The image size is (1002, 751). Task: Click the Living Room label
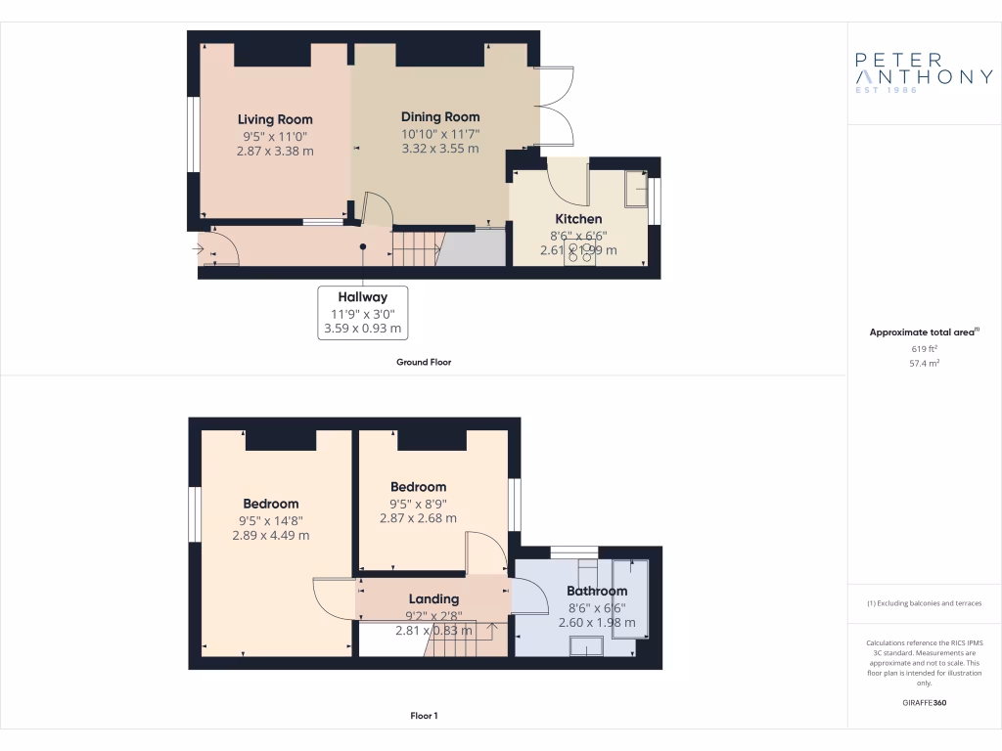[x=275, y=119]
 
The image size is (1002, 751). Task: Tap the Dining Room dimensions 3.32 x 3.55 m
[x=440, y=149]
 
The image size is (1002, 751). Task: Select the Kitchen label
[x=578, y=219]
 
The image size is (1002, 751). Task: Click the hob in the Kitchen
[x=579, y=252]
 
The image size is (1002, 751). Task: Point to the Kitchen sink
[x=636, y=189]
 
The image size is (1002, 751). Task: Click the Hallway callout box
[x=363, y=312]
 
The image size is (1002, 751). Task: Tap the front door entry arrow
[x=199, y=251]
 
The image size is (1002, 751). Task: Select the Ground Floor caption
[x=423, y=362]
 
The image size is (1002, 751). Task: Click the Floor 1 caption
[x=424, y=716]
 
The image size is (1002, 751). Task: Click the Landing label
[x=433, y=598]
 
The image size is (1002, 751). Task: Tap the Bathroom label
[x=597, y=591]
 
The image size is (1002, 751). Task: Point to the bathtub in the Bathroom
[x=629, y=598]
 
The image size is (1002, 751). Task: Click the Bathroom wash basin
[x=589, y=646]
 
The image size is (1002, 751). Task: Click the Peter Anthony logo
[x=924, y=72]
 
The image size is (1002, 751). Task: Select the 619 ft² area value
[x=924, y=348]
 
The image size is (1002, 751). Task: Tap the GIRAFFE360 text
[x=924, y=703]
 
